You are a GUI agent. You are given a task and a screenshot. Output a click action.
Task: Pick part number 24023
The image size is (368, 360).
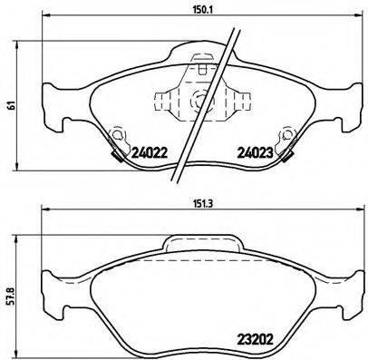pos(255,153)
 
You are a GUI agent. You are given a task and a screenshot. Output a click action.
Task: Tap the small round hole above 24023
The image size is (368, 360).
pos(286,138)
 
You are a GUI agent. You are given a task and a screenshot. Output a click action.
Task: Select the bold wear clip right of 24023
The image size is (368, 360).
pos(289,155)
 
